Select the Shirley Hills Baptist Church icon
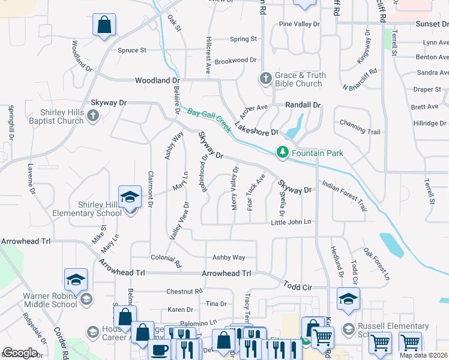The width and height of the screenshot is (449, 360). pyautogui.click(x=92, y=116)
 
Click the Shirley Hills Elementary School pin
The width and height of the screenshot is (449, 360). pyautogui.click(x=130, y=197)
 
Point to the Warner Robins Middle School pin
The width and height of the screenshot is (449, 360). pyautogui.click(x=76, y=280)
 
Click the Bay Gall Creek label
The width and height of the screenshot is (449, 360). pyautogui.click(x=209, y=120)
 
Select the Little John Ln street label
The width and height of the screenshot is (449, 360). pyautogui.click(x=291, y=222)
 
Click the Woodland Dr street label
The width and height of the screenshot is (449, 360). pyautogui.click(x=157, y=80)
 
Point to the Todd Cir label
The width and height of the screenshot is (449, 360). pyautogui.click(x=298, y=287)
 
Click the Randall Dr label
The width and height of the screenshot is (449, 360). pyautogui.click(x=303, y=104)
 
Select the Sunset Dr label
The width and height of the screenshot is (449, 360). pyautogui.click(x=432, y=24)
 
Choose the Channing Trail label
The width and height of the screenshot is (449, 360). pyautogui.click(x=360, y=131)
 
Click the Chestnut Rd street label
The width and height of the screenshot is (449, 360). pyautogui.click(x=184, y=292)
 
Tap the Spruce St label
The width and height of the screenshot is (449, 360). pyautogui.click(x=132, y=50)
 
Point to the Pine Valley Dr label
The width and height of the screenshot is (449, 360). pyautogui.click(x=300, y=25)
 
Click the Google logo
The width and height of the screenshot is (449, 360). pyautogui.click(x=20, y=352)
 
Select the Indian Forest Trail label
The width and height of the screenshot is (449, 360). pyautogui.click(x=345, y=196)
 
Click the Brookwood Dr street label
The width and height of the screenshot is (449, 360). pyautogui.click(x=235, y=61)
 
